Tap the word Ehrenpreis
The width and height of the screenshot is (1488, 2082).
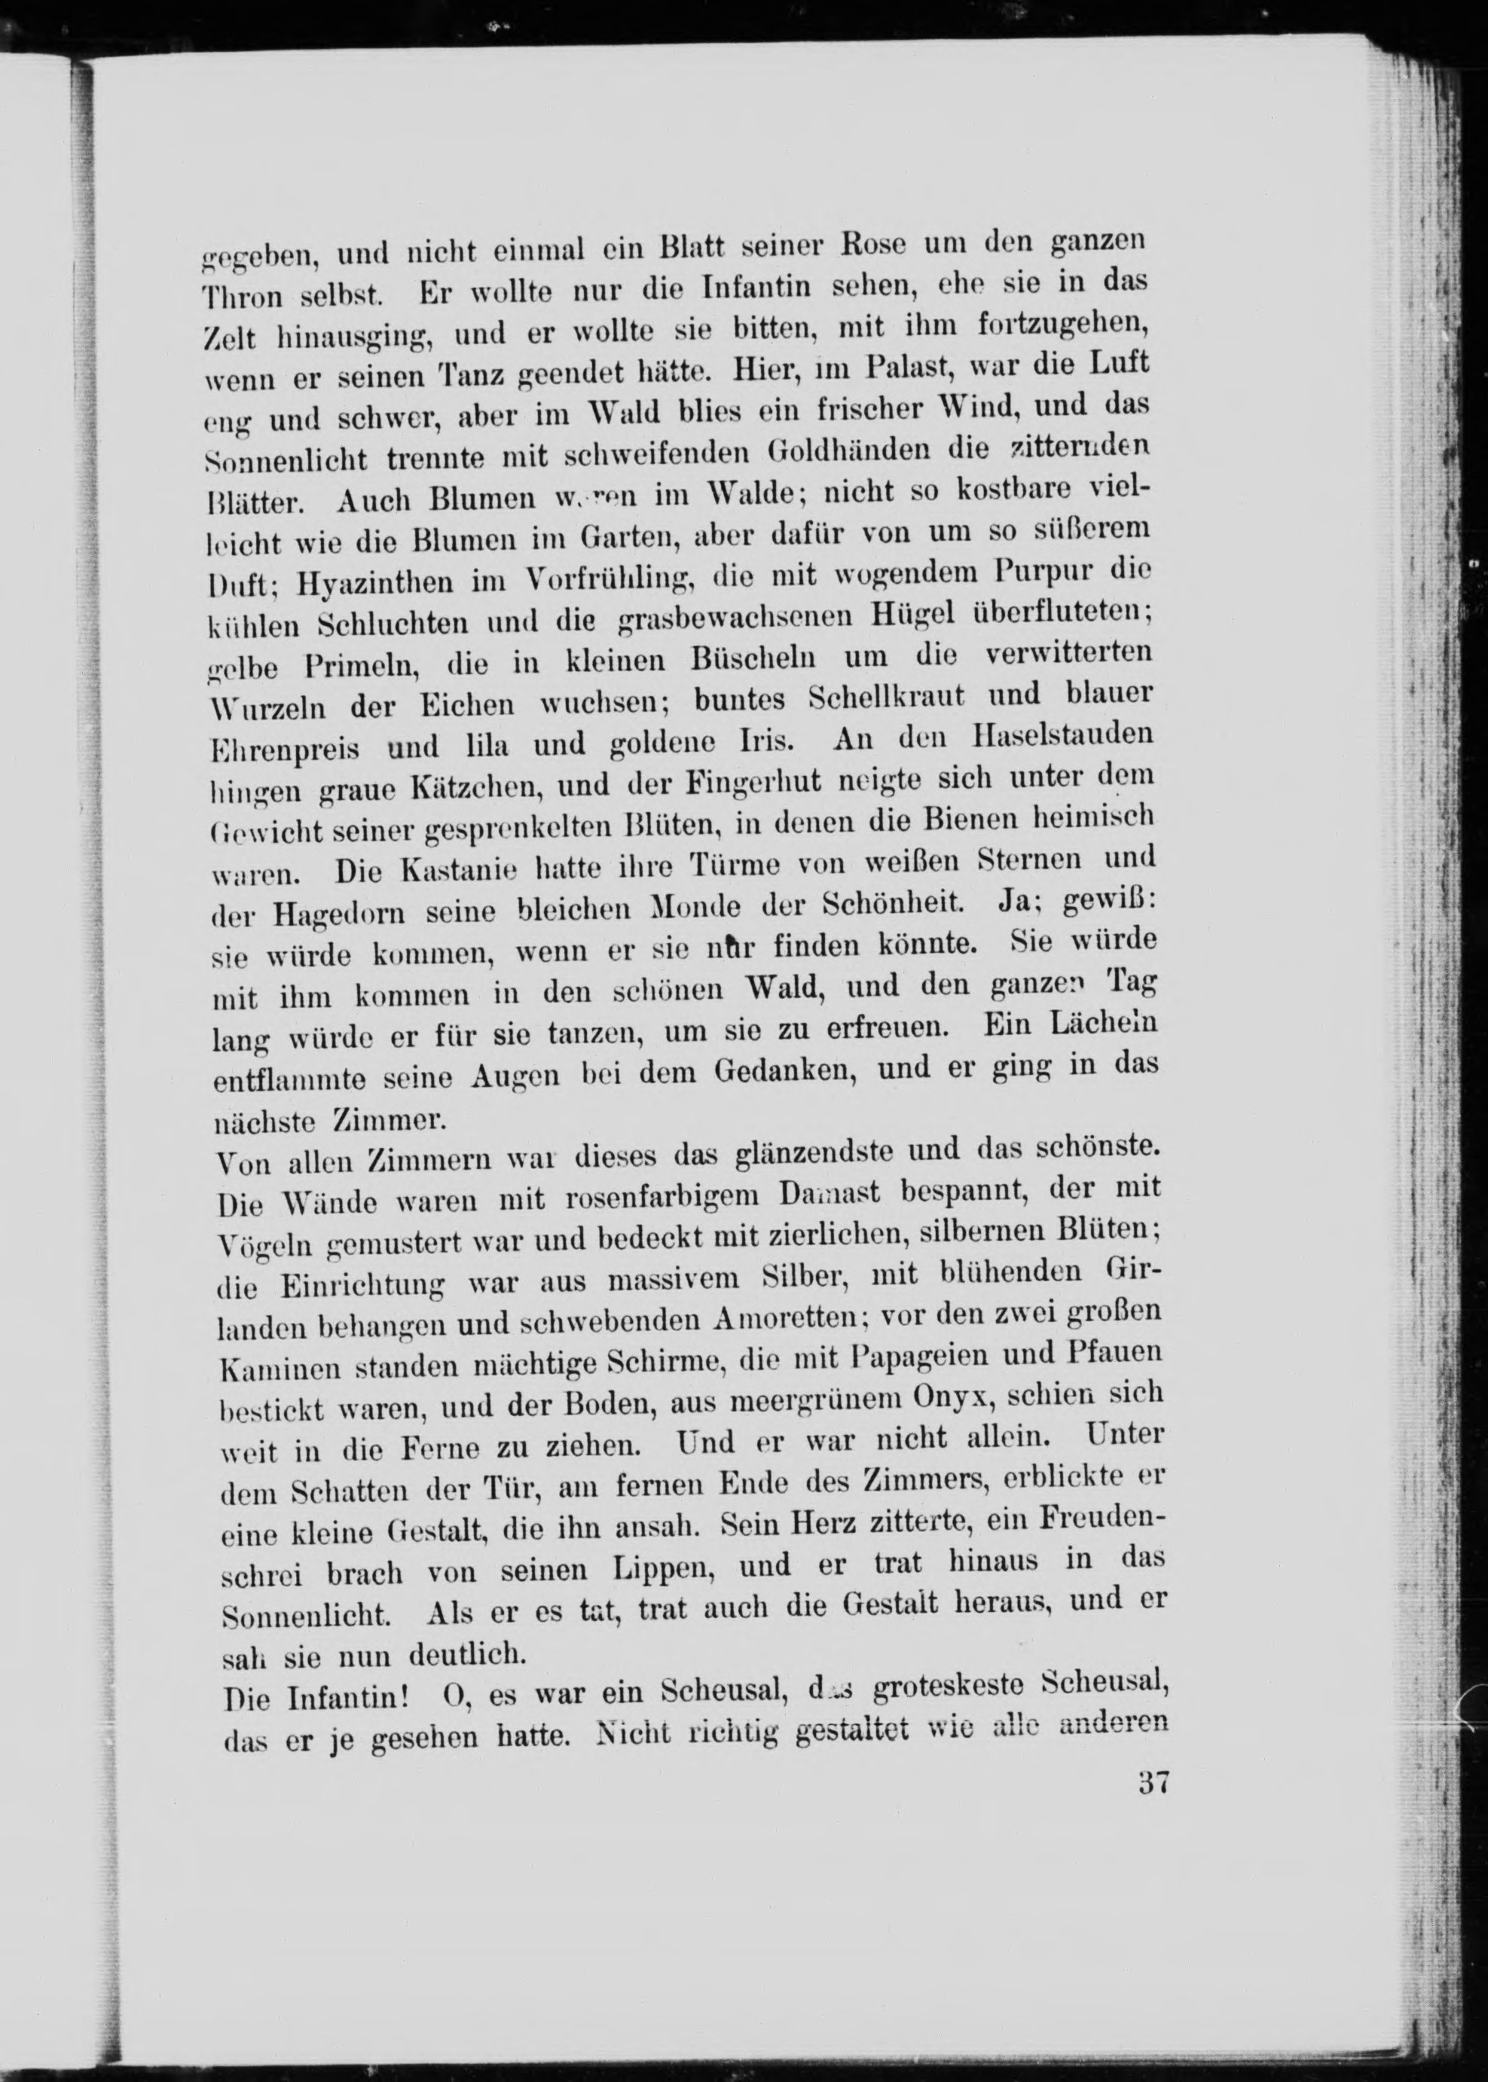coord(285,751)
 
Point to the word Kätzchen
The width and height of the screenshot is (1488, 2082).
coord(476,788)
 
